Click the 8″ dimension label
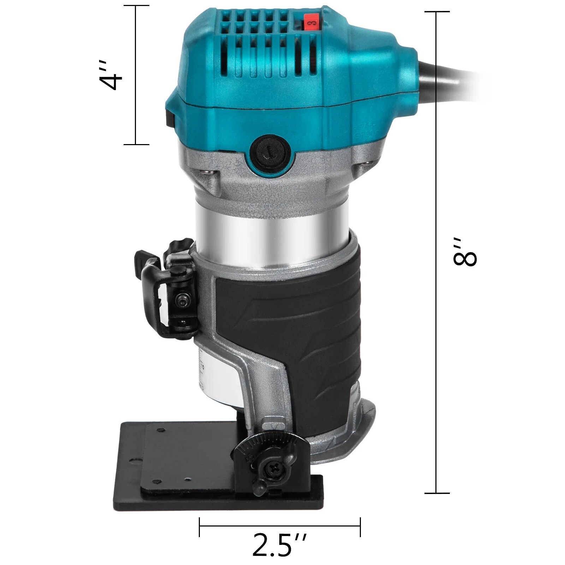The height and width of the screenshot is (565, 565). point(465,251)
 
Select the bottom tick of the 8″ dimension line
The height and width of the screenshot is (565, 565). point(436,493)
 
